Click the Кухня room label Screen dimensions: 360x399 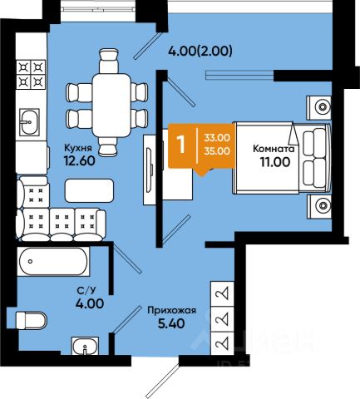[77, 148]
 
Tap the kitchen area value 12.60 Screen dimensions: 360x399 [80, 160]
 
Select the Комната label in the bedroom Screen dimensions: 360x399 [274, 149]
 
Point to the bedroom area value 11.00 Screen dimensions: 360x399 [274, 162]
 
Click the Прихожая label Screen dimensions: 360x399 [171, 310]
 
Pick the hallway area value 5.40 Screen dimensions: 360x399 [171, 323]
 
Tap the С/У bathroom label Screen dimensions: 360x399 [86, 290]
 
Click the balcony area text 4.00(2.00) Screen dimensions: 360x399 [200, 51]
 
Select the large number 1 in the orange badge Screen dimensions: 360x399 [181, 144]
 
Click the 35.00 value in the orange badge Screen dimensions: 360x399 [217, 151]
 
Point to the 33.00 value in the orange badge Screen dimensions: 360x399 [217, 138]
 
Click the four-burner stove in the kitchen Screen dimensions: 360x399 [31, 74]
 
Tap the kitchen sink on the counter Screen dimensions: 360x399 [29, 121]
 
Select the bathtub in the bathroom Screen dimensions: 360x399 [53, 261]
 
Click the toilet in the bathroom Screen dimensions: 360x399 [31, 321]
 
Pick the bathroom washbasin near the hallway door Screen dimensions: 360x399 [85, 345]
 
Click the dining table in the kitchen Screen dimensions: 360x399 [111, 106]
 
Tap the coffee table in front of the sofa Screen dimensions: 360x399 [89, 190]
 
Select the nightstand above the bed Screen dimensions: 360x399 [318, 108]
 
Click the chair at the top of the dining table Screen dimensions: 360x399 [109, 61]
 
